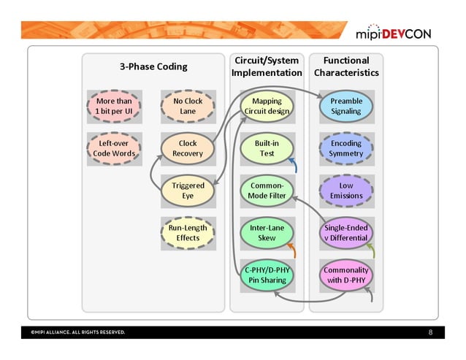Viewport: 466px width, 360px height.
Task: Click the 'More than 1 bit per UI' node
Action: click(x=114, y=107)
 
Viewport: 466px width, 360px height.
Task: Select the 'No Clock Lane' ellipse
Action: click(x=188, y=107)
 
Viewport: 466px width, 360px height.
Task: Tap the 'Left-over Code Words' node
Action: click(x=114, y=148)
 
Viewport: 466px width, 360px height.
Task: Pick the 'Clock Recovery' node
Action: click(x=188, y=148)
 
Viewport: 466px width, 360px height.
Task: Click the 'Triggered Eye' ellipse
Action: click(x=188, y=191)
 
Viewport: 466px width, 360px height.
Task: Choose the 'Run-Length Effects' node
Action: click(x=188, y=232)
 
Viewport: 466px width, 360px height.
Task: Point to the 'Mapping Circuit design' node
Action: click(x=267, y=107)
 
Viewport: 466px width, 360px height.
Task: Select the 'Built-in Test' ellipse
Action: click(x=267, y=148)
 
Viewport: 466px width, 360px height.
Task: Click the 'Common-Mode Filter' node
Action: click(x=267, y=191)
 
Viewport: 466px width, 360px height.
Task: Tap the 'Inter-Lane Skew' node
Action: click(x=267, y=232)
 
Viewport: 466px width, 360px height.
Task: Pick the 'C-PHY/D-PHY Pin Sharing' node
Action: click(x=267, y=275)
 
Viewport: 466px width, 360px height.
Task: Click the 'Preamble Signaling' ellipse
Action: click(x=346, y=107)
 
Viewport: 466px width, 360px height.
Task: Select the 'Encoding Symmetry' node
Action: click(x=346, y=148)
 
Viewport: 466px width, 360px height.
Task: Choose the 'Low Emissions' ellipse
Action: click(x=346, y=191)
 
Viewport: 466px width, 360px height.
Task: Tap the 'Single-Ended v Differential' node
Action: click(x=346, y=232)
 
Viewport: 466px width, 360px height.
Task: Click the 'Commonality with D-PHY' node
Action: click(x=346, y=275)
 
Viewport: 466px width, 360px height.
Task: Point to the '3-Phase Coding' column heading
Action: click(x=153, y=66)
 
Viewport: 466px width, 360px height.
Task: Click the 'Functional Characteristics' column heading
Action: click(x=346, y=66)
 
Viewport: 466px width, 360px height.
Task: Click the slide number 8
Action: click(x=431, y=333)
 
